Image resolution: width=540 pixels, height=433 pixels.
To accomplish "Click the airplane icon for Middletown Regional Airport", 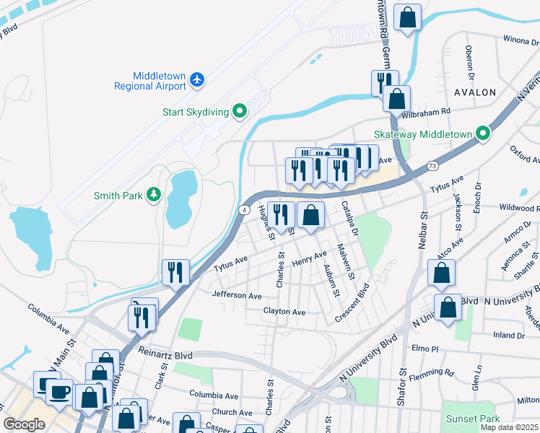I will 198,81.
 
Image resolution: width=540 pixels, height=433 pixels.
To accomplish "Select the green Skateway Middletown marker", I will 483,134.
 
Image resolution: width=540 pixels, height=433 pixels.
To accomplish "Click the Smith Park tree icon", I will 153,195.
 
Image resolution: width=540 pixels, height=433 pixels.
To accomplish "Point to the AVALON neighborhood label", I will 475,92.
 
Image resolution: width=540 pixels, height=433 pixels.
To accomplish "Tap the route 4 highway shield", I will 245,209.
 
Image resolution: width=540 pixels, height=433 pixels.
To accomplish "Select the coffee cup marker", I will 59,392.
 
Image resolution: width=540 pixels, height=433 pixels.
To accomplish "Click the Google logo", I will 24,424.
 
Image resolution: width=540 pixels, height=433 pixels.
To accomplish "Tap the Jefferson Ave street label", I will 236,296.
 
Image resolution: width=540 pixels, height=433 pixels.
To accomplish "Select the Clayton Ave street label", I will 284,312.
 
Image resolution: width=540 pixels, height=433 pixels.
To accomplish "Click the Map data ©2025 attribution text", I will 509,427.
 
